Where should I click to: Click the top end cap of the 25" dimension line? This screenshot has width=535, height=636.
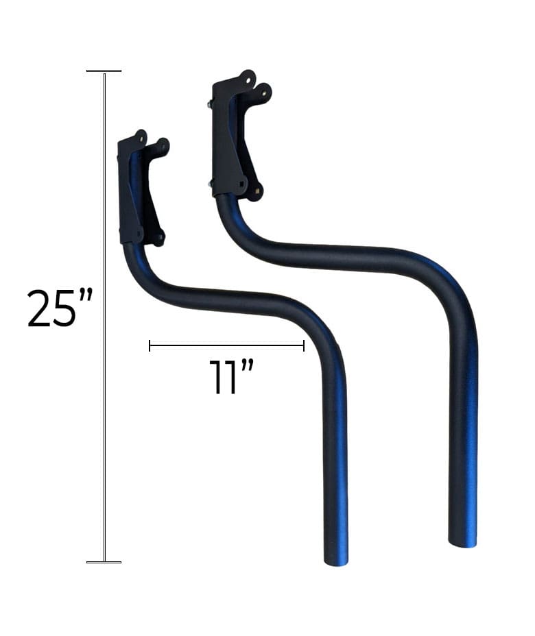point(104,71)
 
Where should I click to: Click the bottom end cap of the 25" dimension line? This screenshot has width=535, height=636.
point(104,562)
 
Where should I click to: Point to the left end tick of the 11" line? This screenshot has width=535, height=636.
point(150,346)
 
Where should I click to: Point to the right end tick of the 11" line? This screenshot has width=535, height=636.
point(303,346)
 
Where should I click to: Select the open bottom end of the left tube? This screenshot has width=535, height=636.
point(335,560)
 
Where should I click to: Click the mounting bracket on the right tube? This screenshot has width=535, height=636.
point(233,137)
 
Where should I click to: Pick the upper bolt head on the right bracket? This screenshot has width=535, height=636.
point(208,104)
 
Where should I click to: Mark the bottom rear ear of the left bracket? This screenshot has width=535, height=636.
point(159,239)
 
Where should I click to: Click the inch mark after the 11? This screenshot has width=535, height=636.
point(248,365)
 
